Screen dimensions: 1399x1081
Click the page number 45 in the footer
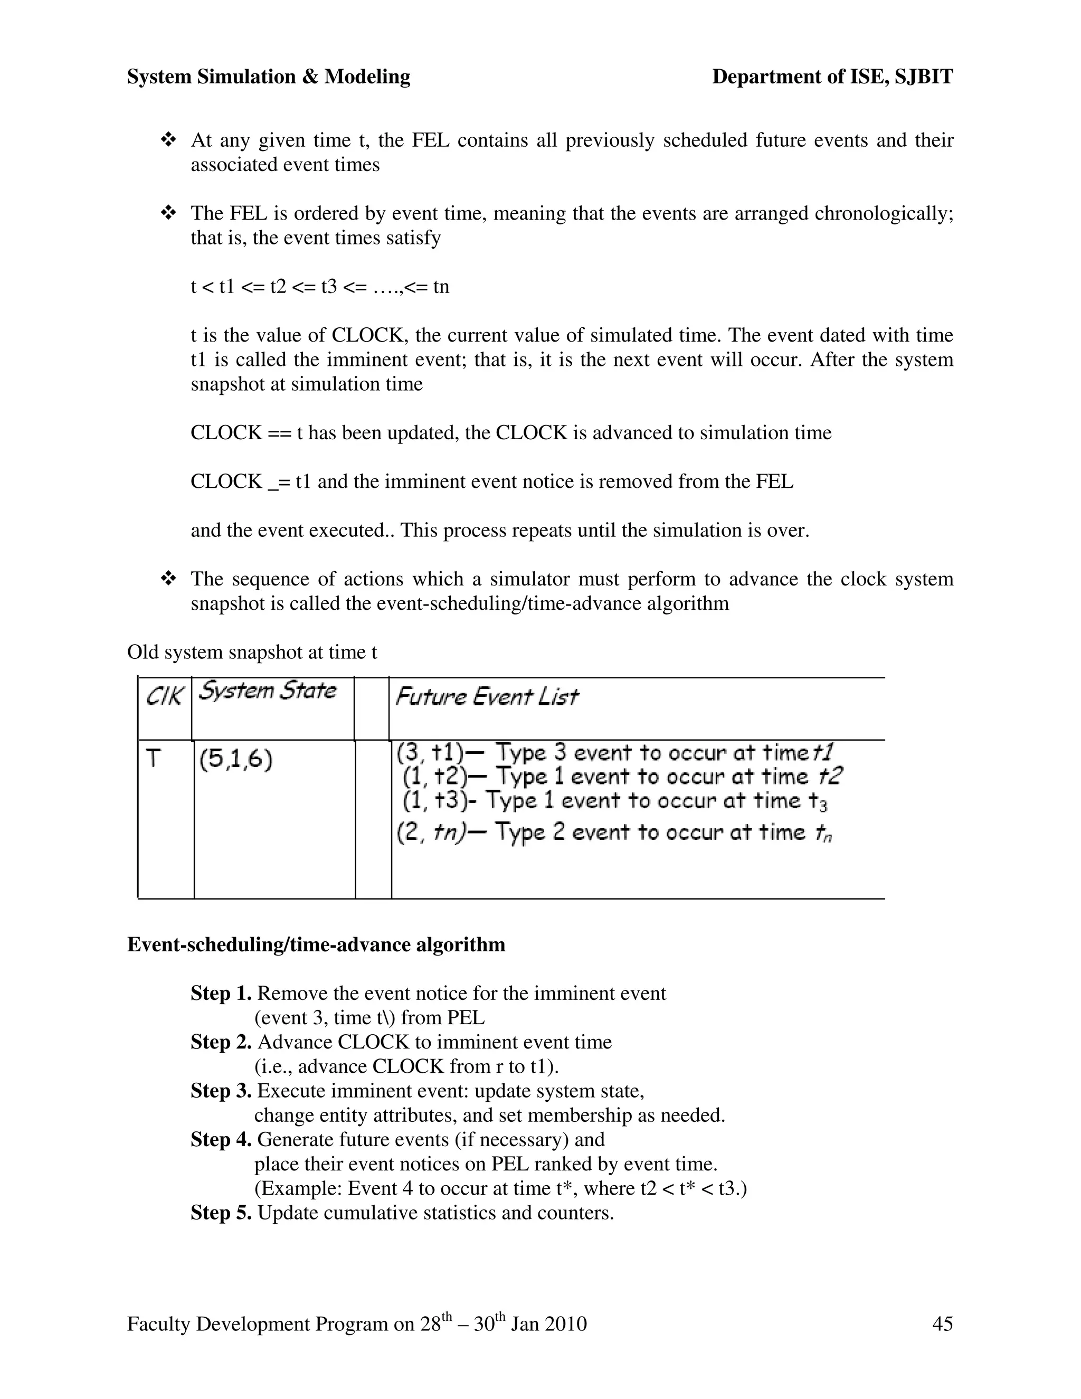pos(942,1324)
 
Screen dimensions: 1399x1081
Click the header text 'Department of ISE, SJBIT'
pos(832,77)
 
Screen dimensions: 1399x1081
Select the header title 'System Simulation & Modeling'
pos(268,77)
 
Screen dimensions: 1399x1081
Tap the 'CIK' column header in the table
pos(164,696)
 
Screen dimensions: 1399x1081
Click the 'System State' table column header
pos(267,691)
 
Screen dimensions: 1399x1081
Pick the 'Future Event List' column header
pos(487,696)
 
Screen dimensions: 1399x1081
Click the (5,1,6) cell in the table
pos(235,760)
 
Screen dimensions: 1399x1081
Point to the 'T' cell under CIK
pos(153,759)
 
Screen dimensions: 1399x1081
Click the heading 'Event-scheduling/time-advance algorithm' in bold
pos(316,945)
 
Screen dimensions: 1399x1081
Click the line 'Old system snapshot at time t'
pos(252,652)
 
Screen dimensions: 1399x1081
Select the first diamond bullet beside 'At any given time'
pos(168,140)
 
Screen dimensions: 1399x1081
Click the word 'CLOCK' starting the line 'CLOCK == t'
pos(226,433)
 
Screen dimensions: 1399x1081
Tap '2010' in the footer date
pos(565,1324)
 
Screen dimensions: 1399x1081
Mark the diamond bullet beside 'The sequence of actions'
pos(168,579)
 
